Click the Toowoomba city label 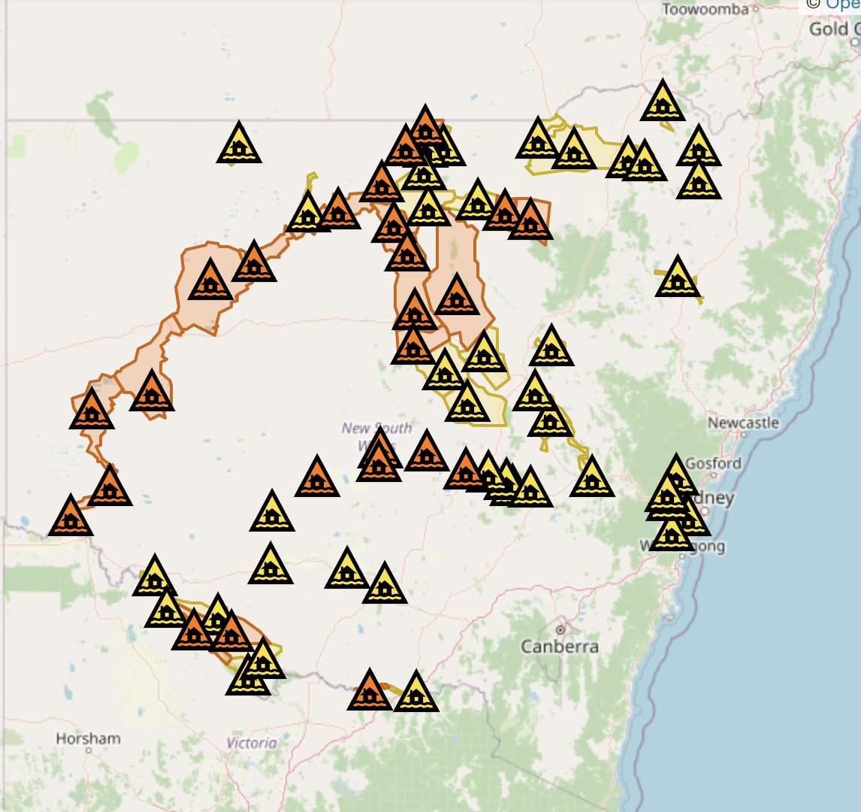click(705, 9)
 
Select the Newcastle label click(743, 423)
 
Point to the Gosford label click(713, 463)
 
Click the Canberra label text click(560, 647)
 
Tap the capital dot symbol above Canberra click(560, 629)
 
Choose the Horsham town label click(88, 738)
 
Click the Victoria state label click(252, 743)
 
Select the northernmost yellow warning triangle click(663, 102)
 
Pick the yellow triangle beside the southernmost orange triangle click(415, 693)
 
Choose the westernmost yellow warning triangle click(154, 578)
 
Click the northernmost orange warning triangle click(425, 128)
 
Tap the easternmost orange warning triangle click(530, 221)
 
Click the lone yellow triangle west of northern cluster click(239, 144)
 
